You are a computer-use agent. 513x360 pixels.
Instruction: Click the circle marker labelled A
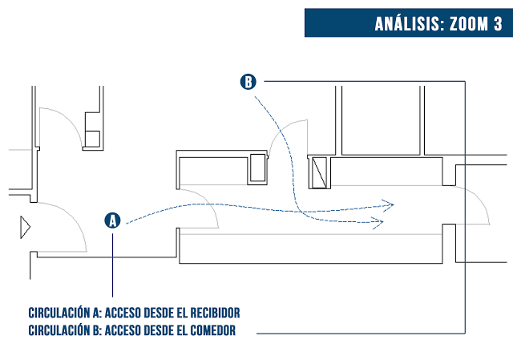click(x=113, y=220)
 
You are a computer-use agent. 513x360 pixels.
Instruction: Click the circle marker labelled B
click(x=248, y=81)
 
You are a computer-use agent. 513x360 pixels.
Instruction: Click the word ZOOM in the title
click(x=463, y=23)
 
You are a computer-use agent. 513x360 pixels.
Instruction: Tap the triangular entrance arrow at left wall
click(x=25, y=228)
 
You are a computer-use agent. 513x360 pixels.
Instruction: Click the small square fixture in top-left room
click(x=93, y=138)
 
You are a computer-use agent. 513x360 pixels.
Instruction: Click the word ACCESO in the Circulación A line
click(x=124, y=313)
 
